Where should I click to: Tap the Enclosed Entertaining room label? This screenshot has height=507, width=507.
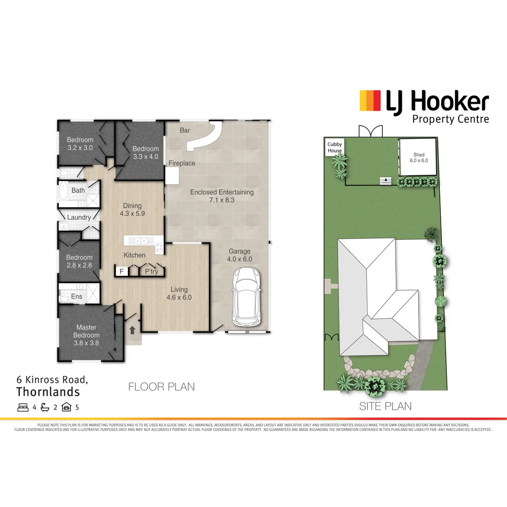click(x=222, y=196)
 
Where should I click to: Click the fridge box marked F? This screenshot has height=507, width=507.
click(x=121, y=271)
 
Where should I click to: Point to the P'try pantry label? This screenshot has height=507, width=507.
click(x=151, y=271)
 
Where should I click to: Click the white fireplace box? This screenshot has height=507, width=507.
click(x=172, y=176)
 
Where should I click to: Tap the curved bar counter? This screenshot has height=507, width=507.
click(x=207, y=136)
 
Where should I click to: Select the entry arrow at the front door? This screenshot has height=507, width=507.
click(x=132, y=330)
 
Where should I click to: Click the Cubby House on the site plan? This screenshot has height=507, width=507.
click(x=335, y=147)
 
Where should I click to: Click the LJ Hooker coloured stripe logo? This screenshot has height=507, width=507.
click(x=370, y=101)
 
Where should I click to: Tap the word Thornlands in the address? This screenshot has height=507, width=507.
click(x=48, y=392)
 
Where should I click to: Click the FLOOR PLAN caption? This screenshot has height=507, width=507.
click(x=161, y=387)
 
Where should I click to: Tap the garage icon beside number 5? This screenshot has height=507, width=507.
click(x=66, y=407)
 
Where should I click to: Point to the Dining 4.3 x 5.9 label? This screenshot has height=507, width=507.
click(x=132, y=209)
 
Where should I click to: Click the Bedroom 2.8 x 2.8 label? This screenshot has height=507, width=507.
click(x=79, y=261)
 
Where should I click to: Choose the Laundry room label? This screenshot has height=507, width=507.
click(x=79, y=217)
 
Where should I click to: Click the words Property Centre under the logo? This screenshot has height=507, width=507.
click(x=450, y=119)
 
